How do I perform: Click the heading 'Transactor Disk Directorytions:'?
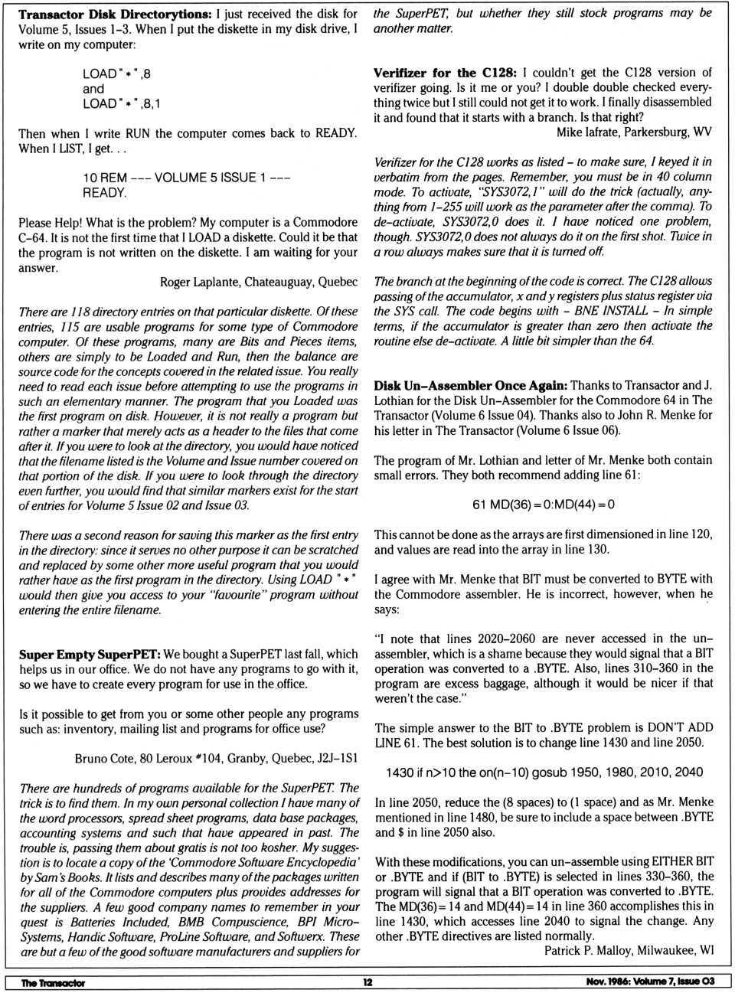tap(115, 15)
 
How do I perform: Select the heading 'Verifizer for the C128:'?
tap(445, 73)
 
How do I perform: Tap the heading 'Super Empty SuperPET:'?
tap(90, 655)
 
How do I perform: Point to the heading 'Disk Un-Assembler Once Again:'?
tap(470, 386)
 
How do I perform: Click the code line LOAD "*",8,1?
tap(122, 103)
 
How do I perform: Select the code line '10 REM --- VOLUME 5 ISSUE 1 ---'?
tap(186, 178)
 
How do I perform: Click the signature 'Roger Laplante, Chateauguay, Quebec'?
tap(258, 282)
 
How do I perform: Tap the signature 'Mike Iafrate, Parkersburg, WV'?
tap(633, 132)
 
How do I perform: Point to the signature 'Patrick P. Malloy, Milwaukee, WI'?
tap(629, 950)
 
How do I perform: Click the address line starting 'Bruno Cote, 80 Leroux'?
tap(216, 759)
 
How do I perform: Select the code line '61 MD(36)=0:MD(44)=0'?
tap(544, 505)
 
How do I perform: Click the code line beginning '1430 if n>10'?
tap(544, 773)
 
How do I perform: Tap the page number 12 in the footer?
tap(367, 982)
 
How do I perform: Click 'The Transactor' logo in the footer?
tap(53, 982)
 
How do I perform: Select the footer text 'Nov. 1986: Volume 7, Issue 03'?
tap(645, 982)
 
